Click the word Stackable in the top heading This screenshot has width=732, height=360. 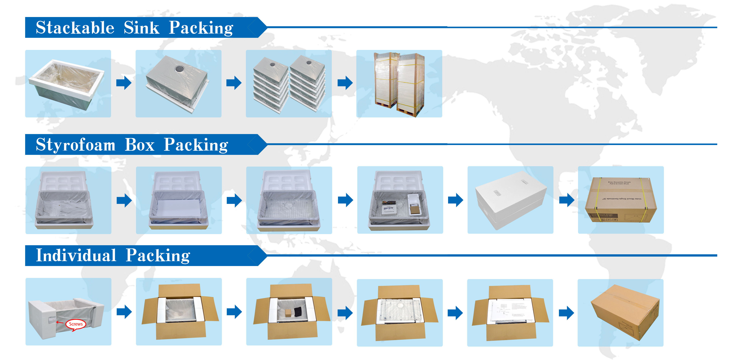click(75, 28)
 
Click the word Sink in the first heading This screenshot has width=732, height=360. click(141, 28)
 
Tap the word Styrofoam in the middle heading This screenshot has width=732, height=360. click(76, 145)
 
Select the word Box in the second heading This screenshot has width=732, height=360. click(140, 145)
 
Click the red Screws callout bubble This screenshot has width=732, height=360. click(76, 324)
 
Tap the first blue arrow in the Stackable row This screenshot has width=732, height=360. click(124, 83)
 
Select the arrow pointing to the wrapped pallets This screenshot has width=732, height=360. click(345, 83)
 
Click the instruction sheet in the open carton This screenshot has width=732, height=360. click(510, 311)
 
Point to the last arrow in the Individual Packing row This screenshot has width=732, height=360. click(566, 313)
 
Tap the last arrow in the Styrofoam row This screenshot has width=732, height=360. click(566, 200)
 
